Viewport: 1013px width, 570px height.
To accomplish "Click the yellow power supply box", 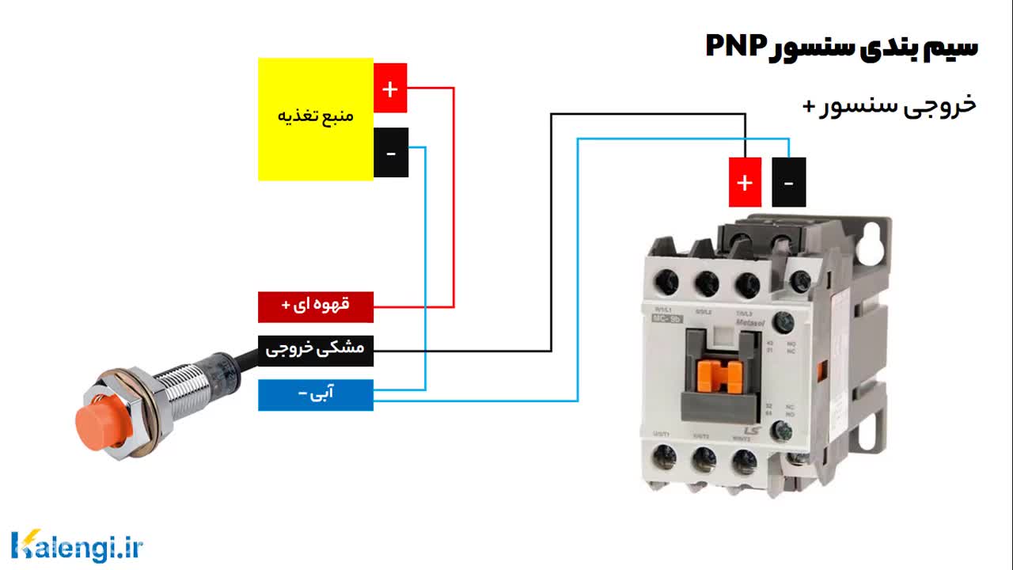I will point(315,119).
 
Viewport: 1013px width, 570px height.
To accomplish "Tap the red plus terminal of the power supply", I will point(390,88).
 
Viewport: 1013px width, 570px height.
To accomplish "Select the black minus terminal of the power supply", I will point(390,152).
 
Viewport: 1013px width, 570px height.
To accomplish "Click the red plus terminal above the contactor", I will point(745,182).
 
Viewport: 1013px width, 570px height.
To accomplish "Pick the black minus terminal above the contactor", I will point(788,182).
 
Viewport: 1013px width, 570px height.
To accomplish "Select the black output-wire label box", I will point(315,350).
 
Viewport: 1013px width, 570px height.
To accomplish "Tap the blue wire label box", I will point(315,395).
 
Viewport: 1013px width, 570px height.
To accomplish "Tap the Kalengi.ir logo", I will point(77,546).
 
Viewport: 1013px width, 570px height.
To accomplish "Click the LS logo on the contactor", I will point(751,428).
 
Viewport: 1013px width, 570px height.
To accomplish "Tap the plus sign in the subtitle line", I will point(809,105).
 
